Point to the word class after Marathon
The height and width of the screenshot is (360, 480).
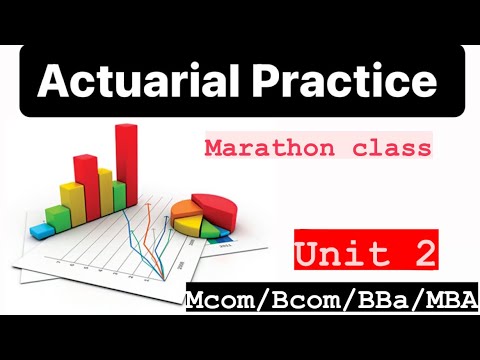396,149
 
